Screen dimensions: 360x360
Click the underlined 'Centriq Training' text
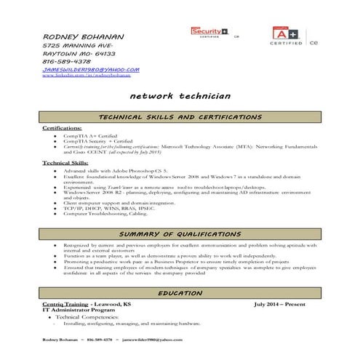[63, 302]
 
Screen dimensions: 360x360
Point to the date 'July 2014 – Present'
[286, 302]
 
